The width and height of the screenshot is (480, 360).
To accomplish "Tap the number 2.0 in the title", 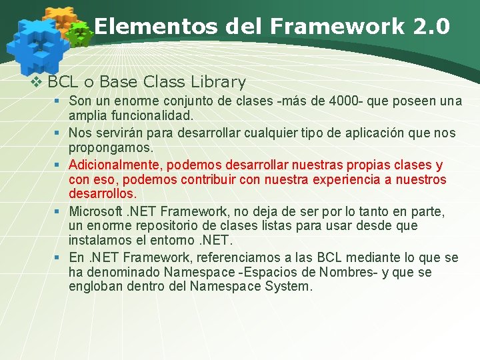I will (431, 27).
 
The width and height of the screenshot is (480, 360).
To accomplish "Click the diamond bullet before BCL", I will (38, 83).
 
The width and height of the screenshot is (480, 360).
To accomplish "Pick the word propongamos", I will (111, 146).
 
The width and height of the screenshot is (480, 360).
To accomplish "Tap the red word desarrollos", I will (102, 194).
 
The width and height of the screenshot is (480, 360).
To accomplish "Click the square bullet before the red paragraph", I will (59, 165).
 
